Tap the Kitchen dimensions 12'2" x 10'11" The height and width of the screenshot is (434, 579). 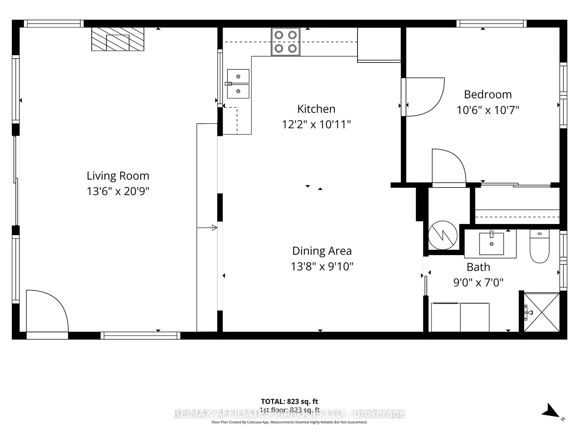click(316, 124)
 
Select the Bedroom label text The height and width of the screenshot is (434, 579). click(488, 94)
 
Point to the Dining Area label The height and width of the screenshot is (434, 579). click(322, 251)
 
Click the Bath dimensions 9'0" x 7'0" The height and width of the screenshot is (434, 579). click(478, 283)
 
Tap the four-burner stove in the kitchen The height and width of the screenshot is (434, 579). click(286, 42)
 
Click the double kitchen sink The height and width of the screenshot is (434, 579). click(238, 84)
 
